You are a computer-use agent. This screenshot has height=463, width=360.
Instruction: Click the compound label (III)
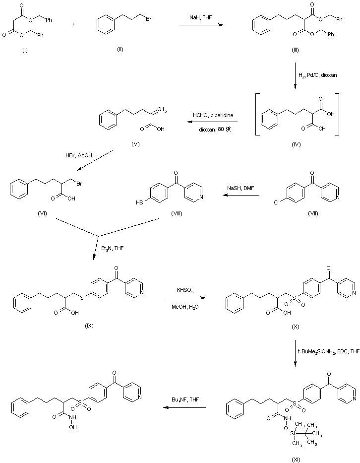pos(295,51)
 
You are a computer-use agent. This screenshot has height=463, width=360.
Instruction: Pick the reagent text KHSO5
pos(186,289)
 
